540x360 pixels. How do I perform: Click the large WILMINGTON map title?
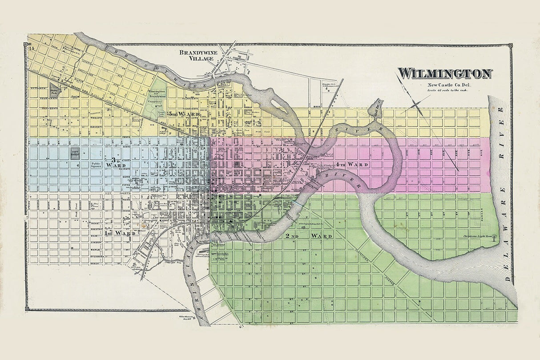click(x=444, y=73)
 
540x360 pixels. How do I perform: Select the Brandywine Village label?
click(x=196, y=55)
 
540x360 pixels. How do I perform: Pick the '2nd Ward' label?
click(x=309, y=235)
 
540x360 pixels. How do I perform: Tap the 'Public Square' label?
click(x=97, y=165)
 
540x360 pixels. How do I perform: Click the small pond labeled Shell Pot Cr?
click(x=377, y=106)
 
